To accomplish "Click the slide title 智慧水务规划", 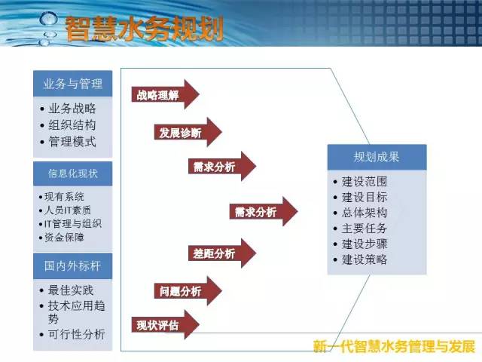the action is pyautogui.click(x=144, y=29).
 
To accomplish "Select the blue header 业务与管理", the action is pyautogui.click(x=73, y=84).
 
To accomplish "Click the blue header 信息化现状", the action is pyautogui.click(x=73, y=173).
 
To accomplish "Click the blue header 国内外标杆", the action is pyautogui.click(x=73, y=266).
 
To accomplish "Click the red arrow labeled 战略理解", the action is pyautogui.click(x=166, y=94).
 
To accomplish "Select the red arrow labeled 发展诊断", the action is pyautogui.click(x=188, y=133).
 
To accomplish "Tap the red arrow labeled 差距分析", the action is pyautogui.click(x=222, y=253).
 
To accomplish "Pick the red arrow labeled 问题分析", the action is pyautogui.click(x=188, y=291).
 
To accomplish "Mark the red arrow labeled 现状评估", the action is pyautogui.click(x=166, y=325).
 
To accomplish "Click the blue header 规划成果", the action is pyautogui.click(x=377, y=157).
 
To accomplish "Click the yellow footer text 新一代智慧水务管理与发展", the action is pyautogui.click(x=395, y=346).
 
